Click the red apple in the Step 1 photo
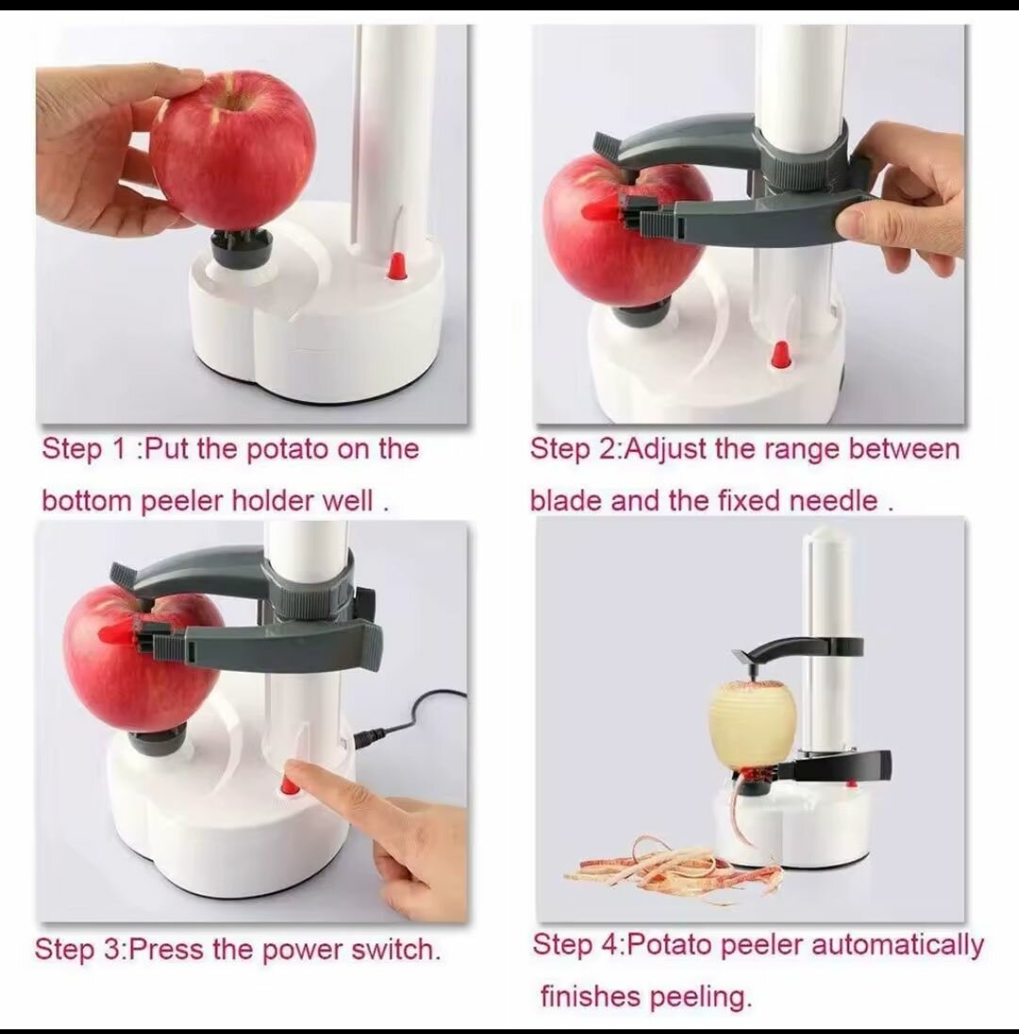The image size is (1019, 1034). (232, 148)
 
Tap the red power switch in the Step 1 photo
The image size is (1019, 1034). (396, 265)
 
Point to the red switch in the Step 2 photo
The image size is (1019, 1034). (780, 355)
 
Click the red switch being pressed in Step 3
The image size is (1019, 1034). (288, 784)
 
